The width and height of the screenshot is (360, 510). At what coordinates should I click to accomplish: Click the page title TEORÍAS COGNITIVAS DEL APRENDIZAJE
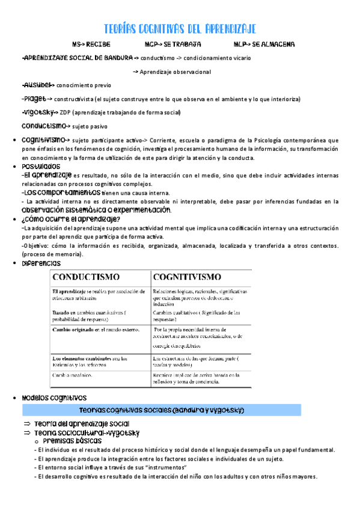point(180,29)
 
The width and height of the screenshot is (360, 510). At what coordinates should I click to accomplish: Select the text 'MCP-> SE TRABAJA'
point(172,45)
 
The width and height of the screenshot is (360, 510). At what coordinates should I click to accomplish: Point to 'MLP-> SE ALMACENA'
point(264,45)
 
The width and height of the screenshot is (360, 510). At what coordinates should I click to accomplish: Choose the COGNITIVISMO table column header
point(187,277)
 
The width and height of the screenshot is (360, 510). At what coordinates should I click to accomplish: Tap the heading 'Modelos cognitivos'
point(53,398)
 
